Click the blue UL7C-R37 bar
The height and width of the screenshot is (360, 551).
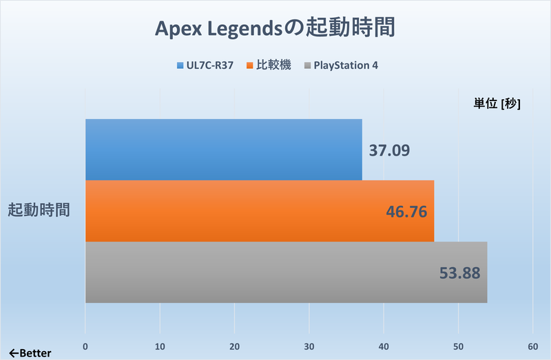[224, 149]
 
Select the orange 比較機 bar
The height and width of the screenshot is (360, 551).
[260, 211]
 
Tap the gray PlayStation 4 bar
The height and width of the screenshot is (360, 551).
[286, 272]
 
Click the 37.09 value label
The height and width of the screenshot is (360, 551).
[390, 150]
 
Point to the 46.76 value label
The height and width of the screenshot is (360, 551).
[406, 211]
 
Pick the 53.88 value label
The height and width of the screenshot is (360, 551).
[459, 273]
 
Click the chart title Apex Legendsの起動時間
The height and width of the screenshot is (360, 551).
[275, 29]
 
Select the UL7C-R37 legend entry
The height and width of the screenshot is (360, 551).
[205, 66]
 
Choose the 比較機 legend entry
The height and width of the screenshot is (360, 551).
[269, 66]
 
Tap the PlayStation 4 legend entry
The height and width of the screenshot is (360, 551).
[341, 66]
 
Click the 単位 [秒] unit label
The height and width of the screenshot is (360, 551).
[497, 104]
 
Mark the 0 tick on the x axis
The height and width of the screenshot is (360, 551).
[85, 346]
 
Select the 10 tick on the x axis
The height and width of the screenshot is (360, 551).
[160, 346]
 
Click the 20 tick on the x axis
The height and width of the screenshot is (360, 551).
[234, 346]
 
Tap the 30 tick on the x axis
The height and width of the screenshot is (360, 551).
[309, 346]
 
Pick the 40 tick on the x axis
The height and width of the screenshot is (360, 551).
[383, 346]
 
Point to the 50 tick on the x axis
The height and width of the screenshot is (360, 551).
[457, 346]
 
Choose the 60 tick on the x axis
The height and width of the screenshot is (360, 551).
[532, 346]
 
